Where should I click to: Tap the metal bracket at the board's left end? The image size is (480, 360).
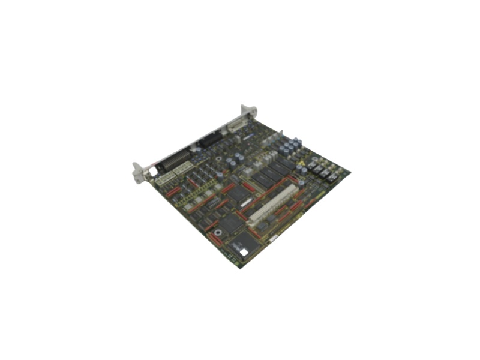(x=139, y=171)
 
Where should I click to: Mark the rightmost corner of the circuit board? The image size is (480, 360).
(x=350, y=173)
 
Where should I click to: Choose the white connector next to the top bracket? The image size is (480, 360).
(x=236, y=126)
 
